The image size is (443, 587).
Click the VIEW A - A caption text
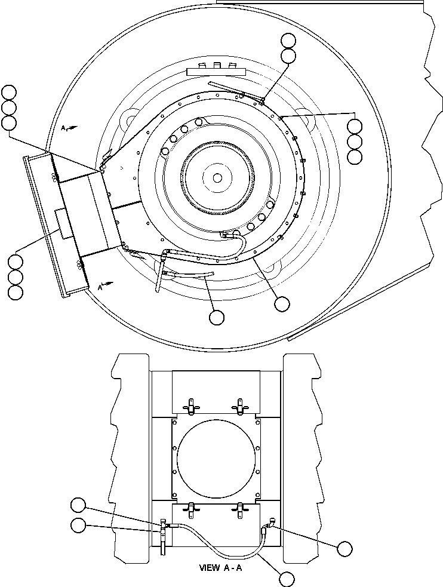click(221, 568)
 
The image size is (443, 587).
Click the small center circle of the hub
click(217, 177)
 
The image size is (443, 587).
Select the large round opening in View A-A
click(216, 459)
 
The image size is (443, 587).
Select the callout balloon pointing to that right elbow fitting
click(344, 548)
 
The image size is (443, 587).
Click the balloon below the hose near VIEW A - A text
click(287, 579)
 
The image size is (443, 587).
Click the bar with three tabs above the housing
click(217, 70)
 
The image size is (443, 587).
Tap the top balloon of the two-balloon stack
click(288, 41)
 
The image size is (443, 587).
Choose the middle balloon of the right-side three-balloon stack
click(354, 142)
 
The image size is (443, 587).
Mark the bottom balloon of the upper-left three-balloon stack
click(9, 123)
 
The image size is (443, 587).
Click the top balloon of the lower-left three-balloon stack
click(16, 262)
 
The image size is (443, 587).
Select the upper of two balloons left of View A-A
click(78, 505)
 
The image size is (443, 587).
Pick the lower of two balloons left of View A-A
click(78, 525)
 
